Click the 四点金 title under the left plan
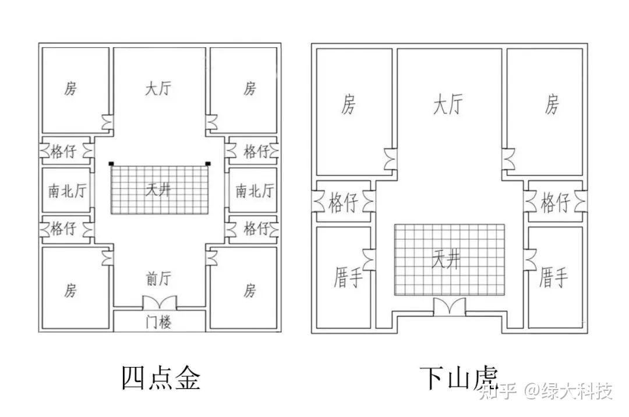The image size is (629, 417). pyautogui.click(x=161, y=377)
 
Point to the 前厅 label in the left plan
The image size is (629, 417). pyautogui.click(x=158, y=279)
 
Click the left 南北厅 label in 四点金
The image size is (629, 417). pyautogui.click(x=66, y=190)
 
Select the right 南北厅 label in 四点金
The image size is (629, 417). pyautogui.click(x=255, y=190)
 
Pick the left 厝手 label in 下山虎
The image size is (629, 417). pyautogui.click(x=348, y=277)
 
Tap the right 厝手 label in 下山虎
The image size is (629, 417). pyautogui.click(x=553, y=277)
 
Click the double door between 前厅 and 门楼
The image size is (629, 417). pyautogui.click(x=159, y=303)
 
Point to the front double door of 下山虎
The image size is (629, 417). pyautogui.click(x=449, y=307)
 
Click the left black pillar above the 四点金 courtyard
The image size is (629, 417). pyautogui.click(x=111, y=164)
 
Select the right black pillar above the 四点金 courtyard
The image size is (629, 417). pyautogui.click(x=207, y=164)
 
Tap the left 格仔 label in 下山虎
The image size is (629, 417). pyautogui.click(x=343, y=203)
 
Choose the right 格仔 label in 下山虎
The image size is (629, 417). pyautogui.click(x=555, y=203)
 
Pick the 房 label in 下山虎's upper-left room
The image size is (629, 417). pyautogui.click(x=348, y=105)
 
